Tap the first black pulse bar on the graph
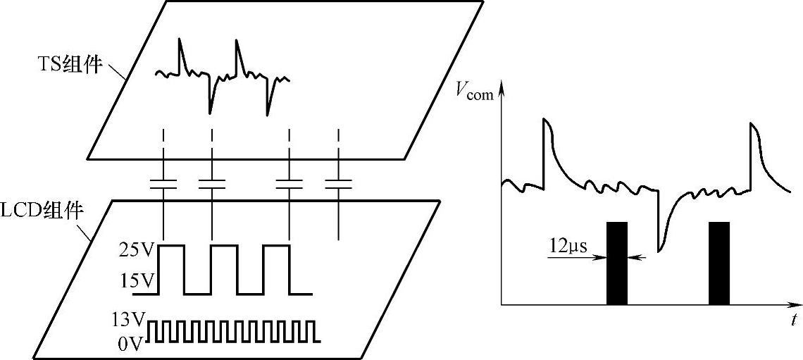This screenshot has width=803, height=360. (x=616, y=263)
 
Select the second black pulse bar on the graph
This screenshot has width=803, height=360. (x=718, y=263)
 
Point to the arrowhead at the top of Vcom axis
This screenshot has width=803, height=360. (x=501, y=86)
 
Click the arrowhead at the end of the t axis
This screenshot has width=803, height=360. (x=792, y=304)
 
